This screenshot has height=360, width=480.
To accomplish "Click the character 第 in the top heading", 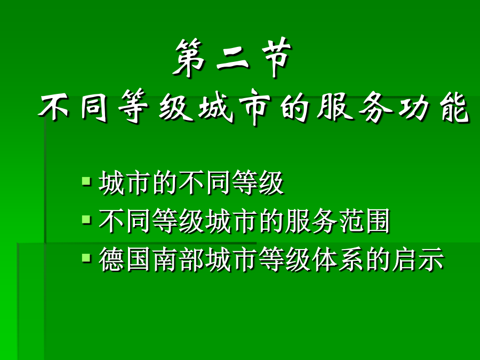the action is point(189,58).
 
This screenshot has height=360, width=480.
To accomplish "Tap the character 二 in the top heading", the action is point(233,59).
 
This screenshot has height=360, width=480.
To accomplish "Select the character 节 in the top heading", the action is point(276,57).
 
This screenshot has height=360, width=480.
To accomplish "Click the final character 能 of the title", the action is point(454,107).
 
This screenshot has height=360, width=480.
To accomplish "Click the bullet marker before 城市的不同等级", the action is point(86,181).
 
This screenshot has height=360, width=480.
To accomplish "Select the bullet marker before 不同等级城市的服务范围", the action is point(86,220).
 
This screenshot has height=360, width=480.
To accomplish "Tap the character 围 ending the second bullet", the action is point(377,220).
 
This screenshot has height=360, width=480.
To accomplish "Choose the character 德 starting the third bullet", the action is point(111,259).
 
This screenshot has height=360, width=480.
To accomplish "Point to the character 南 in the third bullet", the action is point(165,259).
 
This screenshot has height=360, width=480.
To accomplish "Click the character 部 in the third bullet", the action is point(191,259).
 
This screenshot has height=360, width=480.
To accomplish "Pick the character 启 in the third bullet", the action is point(405,259).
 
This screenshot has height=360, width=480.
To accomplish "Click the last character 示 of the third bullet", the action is point(431,259).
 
